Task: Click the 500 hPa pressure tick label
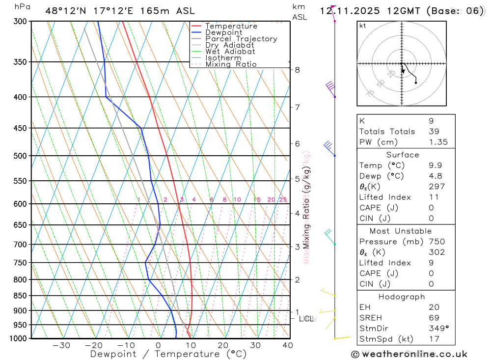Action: point(20,156)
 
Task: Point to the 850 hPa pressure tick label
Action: point(20,296)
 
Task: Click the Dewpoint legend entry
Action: point(224,32)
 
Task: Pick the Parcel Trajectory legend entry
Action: point(241,39)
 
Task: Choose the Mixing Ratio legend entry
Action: point(231,64)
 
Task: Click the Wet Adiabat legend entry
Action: point(230,52)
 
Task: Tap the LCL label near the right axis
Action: point(306,319)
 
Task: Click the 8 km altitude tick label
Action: point(298,70)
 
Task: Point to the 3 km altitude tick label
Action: point(298,247)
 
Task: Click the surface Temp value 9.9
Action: point(435,166)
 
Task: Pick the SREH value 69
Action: point(434,318)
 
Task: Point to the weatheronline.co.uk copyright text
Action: point(409,354)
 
